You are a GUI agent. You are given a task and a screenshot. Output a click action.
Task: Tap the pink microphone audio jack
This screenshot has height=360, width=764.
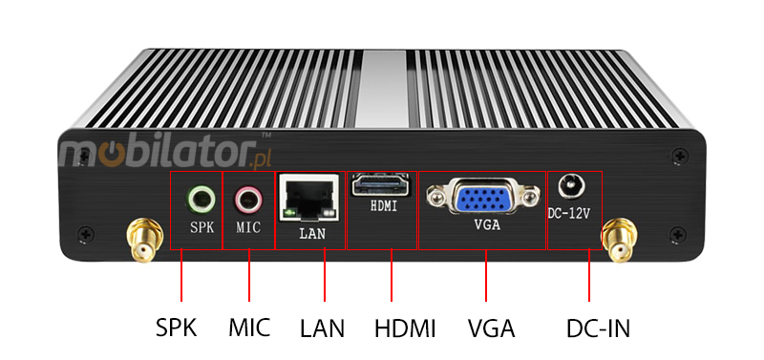[x=248, y=199]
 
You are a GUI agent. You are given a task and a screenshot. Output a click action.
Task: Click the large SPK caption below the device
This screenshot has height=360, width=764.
[x=176, y=328]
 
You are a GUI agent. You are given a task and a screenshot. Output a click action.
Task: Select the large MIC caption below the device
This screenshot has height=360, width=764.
[x=249, y=328]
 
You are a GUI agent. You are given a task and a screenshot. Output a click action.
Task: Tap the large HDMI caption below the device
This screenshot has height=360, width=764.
[x=405, y=328]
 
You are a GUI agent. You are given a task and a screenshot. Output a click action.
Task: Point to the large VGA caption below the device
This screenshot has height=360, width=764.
[x=492, y=328]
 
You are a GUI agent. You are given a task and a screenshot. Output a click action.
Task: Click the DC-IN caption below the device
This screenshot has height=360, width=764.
[x=598, y=328]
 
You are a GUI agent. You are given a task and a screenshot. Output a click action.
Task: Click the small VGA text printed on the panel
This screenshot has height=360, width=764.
[x=486, y=226]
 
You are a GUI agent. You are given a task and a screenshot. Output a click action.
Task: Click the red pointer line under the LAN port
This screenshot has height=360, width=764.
[x=324, y=277]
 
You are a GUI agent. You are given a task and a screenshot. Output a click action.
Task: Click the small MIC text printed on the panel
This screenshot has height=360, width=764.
[x=248, y=227]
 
